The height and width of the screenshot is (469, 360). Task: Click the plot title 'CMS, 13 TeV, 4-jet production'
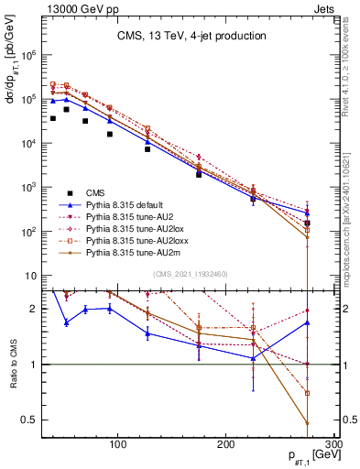click(191, 36)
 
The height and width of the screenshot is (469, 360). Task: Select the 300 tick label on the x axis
click(333, 444)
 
